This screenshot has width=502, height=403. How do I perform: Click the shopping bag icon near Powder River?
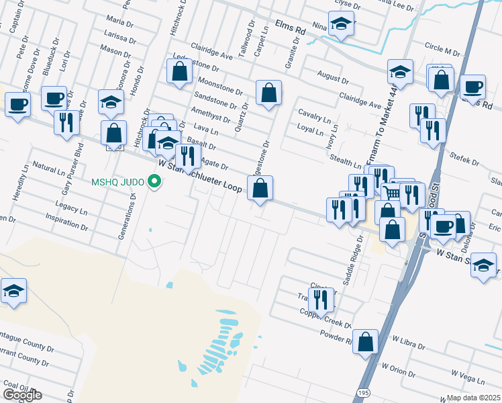click(365, 341)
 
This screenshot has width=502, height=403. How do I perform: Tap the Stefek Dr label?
click(465, 161)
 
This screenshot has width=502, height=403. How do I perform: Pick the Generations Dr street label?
click(125, 216)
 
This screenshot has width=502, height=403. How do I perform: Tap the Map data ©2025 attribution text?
click(473, 398)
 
